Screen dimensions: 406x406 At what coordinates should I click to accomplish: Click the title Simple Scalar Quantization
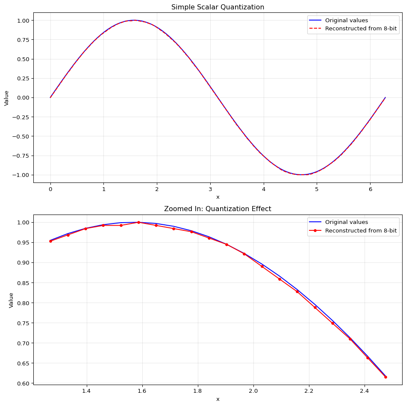coord(218,7)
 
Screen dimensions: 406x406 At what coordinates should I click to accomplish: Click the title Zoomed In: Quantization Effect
coord(218,209)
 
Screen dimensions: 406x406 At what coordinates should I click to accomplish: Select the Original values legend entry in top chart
coord(346,21)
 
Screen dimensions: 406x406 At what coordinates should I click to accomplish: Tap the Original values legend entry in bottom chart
coord(346,222)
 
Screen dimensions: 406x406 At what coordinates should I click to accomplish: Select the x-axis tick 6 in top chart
coord(371,188)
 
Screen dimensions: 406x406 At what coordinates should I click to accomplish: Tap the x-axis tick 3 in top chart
coord(210,188)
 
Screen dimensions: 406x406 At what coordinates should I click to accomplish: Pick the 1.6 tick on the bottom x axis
coord(142,390)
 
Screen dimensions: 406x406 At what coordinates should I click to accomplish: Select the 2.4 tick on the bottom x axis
coord(365,390)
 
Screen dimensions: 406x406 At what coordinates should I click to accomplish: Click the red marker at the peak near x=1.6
coord(138,222)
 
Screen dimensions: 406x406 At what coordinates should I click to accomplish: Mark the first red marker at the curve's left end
coord(50,241)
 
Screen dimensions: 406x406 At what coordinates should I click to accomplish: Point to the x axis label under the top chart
coord(218,197)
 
